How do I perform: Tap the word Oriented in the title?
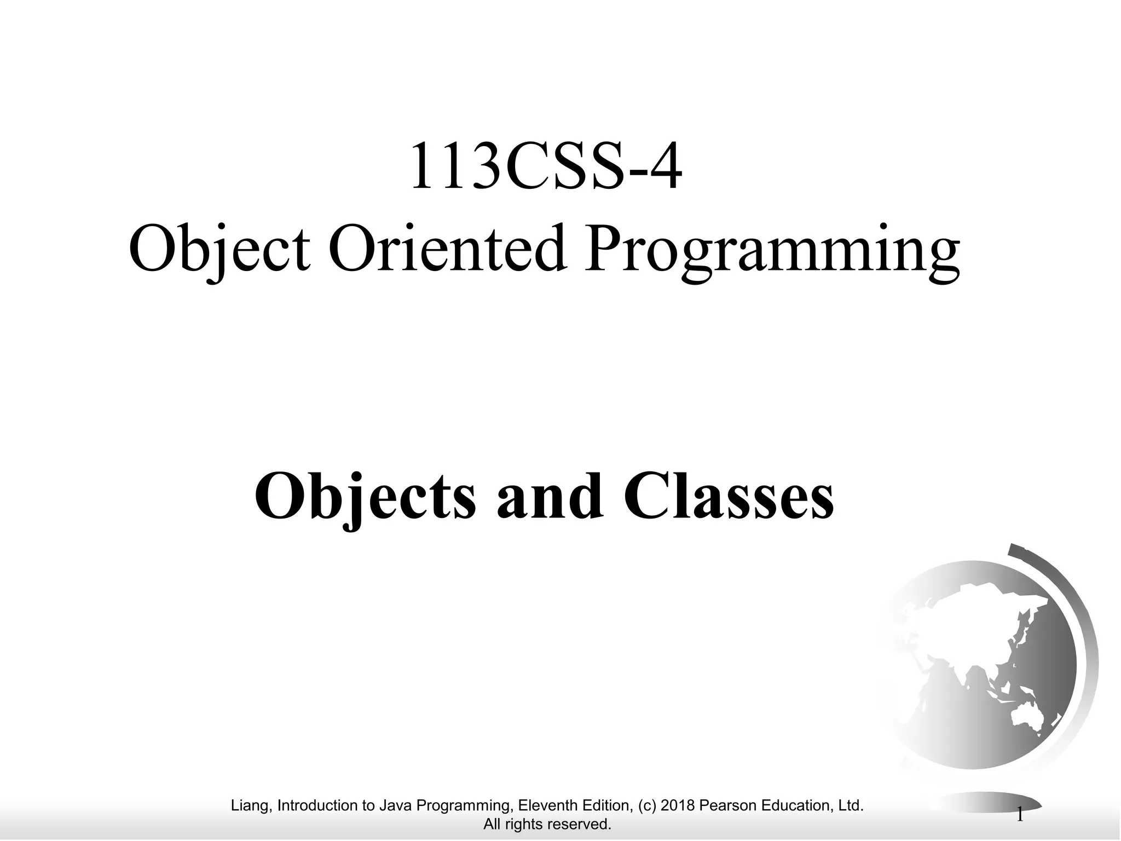446,250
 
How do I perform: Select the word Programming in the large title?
772,252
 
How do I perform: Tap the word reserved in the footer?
583,824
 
